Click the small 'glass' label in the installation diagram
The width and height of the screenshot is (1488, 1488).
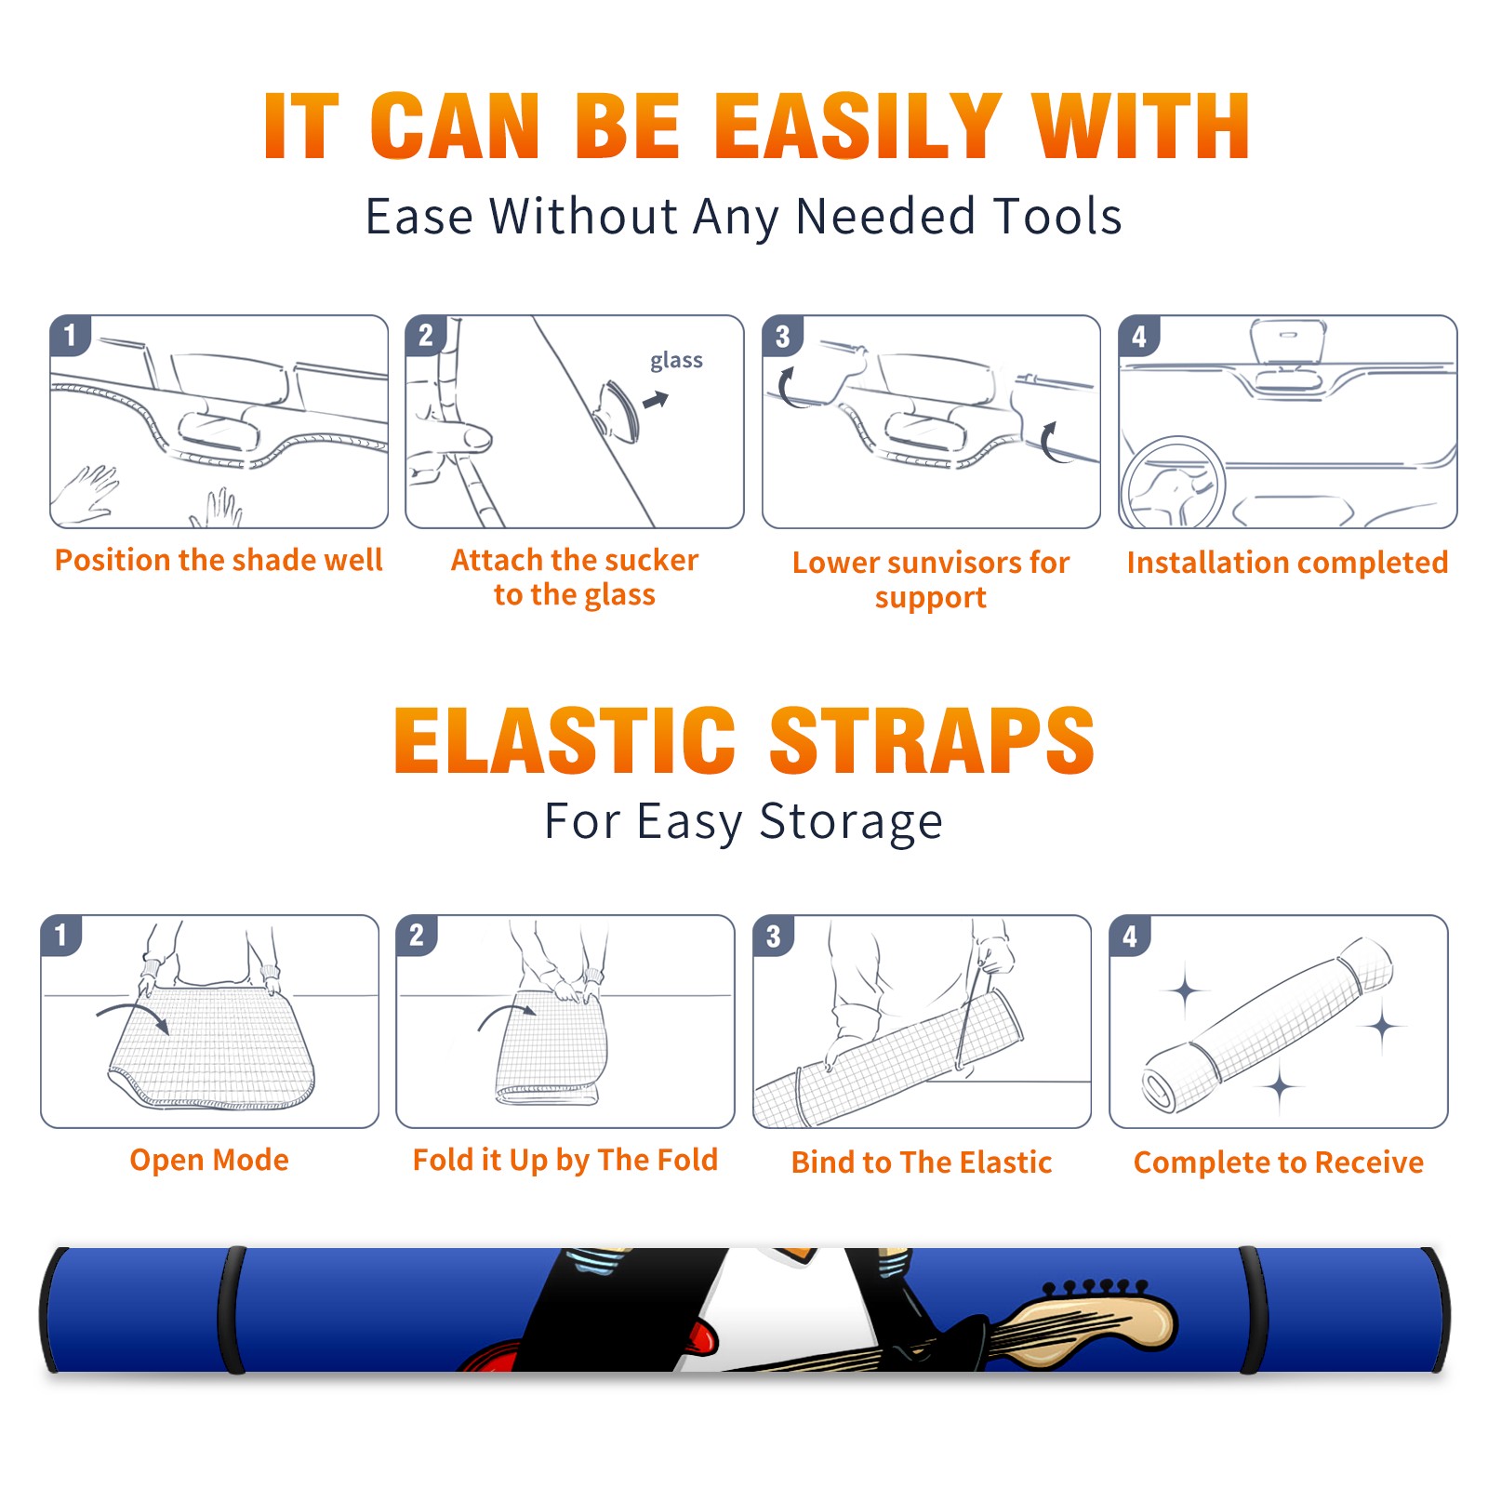676,361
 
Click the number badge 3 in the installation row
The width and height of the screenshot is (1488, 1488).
781,336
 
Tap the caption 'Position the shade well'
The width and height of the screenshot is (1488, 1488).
219,560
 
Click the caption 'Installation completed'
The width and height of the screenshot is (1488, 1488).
1287,563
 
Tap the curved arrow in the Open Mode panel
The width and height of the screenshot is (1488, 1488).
133,1016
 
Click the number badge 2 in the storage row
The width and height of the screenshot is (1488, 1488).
417,936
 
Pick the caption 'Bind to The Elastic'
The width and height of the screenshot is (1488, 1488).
922,1162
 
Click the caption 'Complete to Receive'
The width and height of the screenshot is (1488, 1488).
1279,1162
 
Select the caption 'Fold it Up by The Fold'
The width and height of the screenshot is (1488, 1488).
565,1160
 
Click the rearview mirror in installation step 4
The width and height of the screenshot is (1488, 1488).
1288,342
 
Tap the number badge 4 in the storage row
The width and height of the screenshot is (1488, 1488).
1129,936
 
